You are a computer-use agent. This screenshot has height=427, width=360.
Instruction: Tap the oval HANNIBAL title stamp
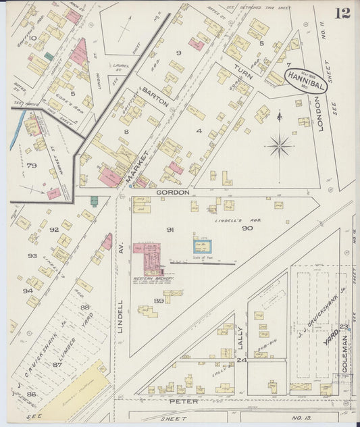(305, 80)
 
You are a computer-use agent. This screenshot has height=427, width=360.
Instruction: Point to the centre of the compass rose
(279, 144)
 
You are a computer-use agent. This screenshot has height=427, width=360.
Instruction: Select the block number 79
(31, 165)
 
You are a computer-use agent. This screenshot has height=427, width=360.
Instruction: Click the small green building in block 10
(49, 57)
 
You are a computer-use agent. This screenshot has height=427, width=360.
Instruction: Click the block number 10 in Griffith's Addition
(32, 39)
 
